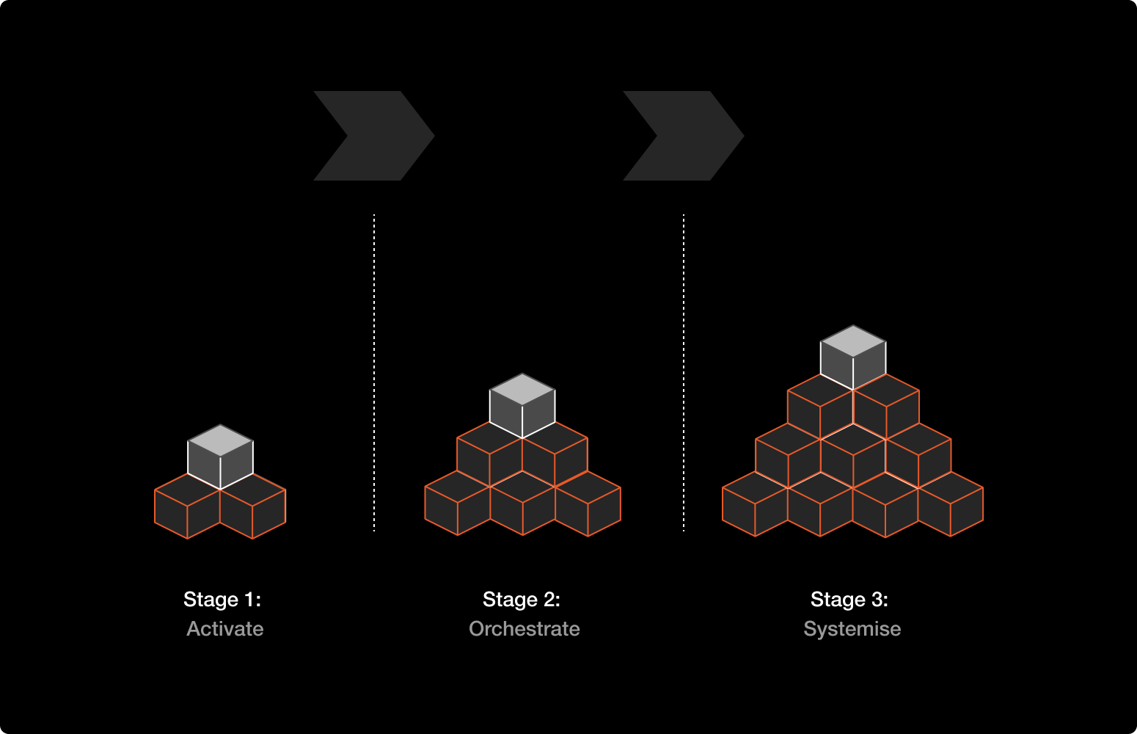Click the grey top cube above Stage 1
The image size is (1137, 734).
pos(220,456)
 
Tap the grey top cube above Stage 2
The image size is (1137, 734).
pos(522,405)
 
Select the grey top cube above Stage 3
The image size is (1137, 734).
pos(853,357)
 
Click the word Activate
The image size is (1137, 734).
pos(224,629)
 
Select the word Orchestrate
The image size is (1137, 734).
pos(524,629)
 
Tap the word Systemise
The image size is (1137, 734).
pos(852,629)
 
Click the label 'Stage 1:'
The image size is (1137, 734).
pos(222,600)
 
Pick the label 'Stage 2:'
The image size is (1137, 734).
pos(522,600)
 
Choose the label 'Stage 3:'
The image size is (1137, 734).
pos(849,600)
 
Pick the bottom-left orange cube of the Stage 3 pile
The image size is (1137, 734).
pos(755,506)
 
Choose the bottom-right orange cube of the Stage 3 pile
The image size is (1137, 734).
pos(951,506)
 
